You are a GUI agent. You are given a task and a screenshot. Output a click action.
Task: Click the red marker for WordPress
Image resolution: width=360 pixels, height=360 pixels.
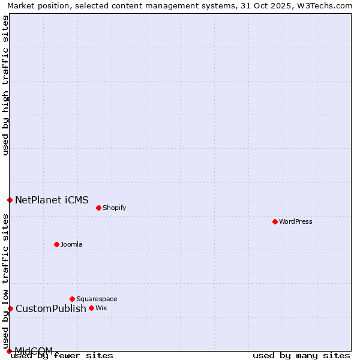pyautogui.click(x=275, y=221)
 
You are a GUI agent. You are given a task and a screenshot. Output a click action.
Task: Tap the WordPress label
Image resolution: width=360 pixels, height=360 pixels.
pyautogui.click(x=296, y=221)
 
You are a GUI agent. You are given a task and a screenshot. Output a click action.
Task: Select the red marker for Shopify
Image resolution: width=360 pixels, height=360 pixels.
pyautogui.click(x=98, y=208)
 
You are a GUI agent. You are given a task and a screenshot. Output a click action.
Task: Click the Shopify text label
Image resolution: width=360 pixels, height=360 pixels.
pyautogui.click(x=114, y=208)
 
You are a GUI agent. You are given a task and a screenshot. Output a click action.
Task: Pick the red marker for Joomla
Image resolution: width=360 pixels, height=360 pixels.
pyautogui.click(x=57, y=244)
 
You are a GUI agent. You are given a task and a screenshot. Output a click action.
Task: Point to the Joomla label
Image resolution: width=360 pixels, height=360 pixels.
pyautogui.click(x=71, y=244)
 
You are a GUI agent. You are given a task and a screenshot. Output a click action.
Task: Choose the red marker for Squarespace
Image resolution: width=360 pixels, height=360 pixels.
pyautogui.click(x=72, y=299)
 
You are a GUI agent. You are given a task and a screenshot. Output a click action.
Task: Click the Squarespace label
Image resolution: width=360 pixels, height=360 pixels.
pyautogui.click(x=97, y=299)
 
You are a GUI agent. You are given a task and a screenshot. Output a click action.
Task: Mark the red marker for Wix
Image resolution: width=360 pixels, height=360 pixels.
pyautogui.click(x=91, y=308)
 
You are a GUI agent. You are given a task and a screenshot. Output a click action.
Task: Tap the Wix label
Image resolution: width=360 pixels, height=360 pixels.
pyautogui.click(x=101, y=308)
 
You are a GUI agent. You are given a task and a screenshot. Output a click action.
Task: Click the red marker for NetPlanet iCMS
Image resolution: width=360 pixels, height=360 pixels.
pyautogui.click(x=10, y=200)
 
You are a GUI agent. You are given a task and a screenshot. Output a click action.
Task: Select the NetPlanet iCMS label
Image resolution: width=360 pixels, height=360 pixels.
pyautogui.click(x=52, y=200)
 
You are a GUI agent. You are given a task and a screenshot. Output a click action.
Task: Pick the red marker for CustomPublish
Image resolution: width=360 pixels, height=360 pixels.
pyautogui.click(x=10, y=308)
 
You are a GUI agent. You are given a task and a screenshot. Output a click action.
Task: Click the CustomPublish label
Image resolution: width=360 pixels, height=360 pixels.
pyautogui.click(x=51, y=308)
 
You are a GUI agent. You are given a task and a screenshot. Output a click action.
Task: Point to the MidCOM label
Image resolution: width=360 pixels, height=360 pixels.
pyautogui.click(x=34, y=350)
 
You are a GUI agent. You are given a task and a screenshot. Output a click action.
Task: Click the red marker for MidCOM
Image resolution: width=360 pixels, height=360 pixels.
pyautogui.click(x=10, y=351)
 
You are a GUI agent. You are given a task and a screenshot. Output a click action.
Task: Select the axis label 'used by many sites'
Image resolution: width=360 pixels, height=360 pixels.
pyautogui.click(x=301, y=355)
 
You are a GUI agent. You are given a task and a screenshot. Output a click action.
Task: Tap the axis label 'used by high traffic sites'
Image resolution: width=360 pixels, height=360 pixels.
pyautogui.click(x=5, y=85)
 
